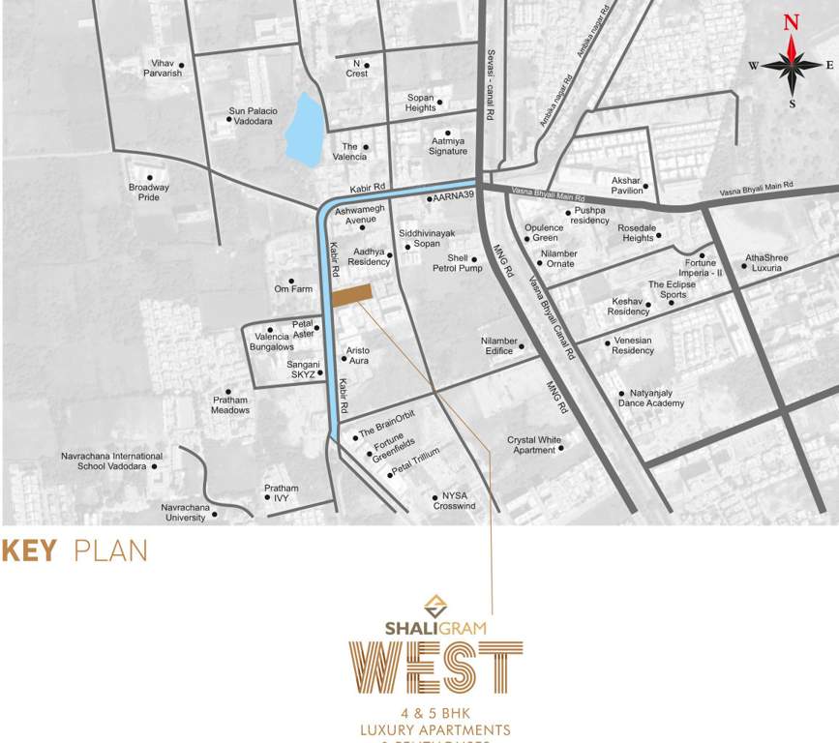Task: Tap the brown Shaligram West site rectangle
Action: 352,295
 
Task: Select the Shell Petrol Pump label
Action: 458,263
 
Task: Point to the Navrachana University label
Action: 183,512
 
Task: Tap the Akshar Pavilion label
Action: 626,186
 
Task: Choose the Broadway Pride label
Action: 149,192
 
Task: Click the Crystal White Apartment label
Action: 534,445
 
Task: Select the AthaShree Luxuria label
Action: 766,262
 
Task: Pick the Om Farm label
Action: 293,288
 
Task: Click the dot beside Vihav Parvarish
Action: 181,66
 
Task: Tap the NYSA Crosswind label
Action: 454,501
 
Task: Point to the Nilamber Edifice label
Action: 499,345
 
